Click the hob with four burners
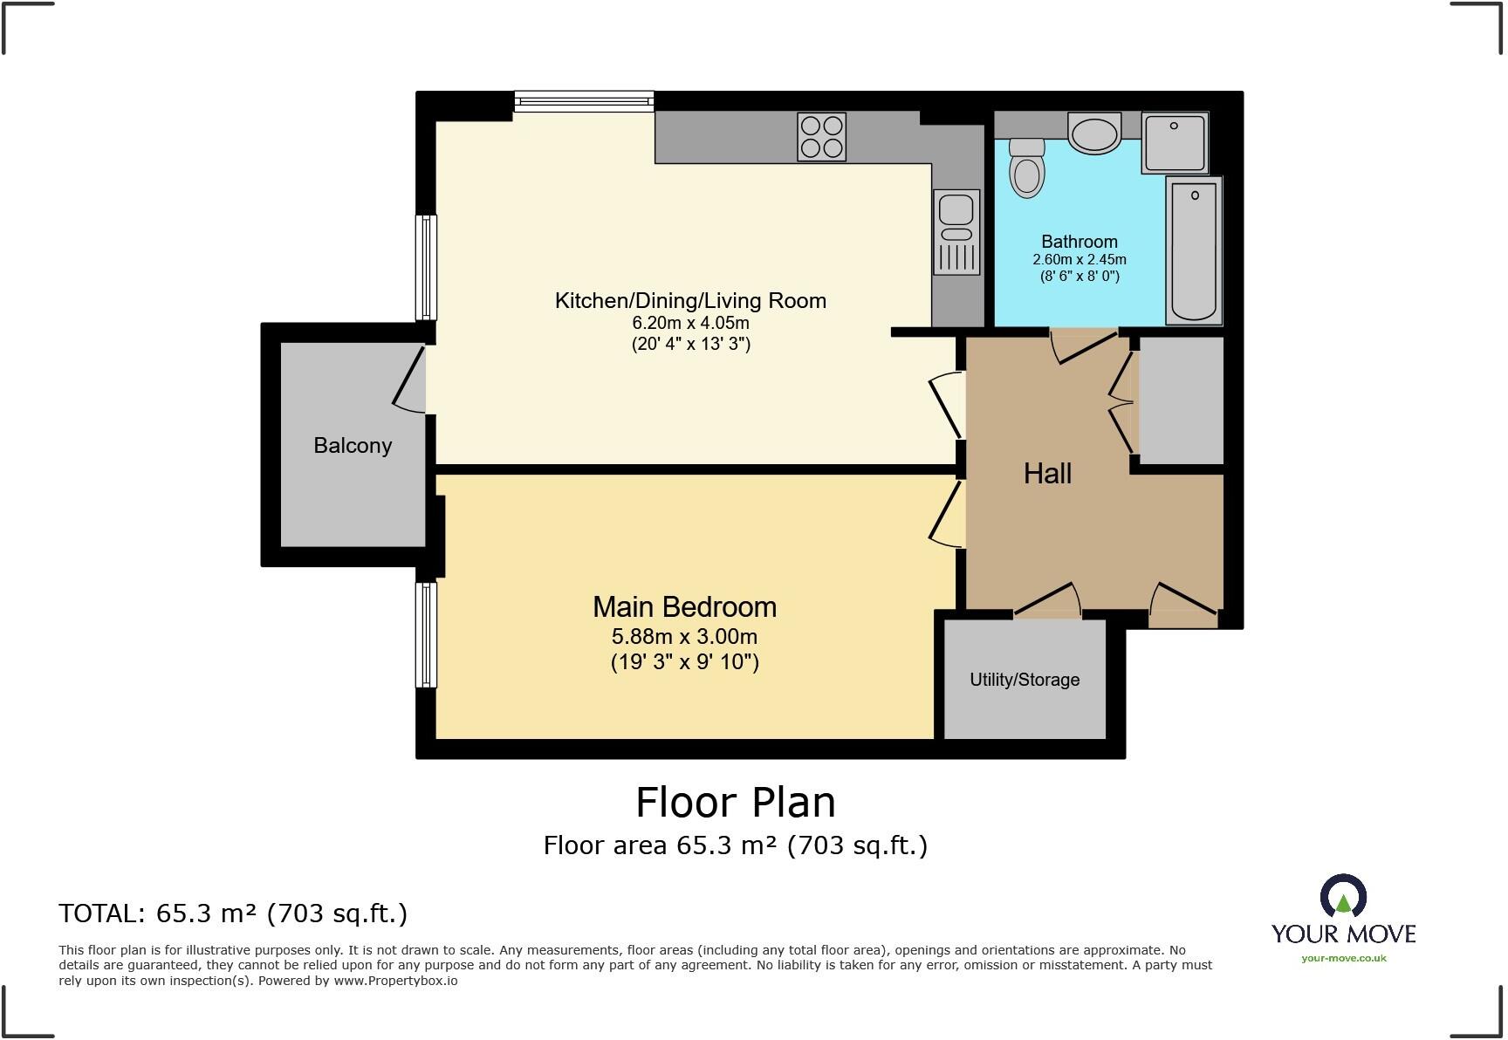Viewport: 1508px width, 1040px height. (x=821, y=137)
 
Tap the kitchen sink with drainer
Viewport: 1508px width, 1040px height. (x=956, y=232)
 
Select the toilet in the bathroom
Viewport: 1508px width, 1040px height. (x=1027, y=168)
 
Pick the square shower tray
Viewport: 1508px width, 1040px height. (x=1175, y=142)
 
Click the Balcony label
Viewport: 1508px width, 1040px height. (x=353, y=446)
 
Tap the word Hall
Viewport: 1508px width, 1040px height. (x=1047, y=474)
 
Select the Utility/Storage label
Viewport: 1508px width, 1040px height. (x=1025, y=680)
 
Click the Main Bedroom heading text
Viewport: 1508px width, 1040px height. (x=684, y=607)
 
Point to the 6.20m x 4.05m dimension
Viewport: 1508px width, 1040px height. (x=690, y=323)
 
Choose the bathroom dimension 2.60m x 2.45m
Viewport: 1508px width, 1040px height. (x=1080, y=260)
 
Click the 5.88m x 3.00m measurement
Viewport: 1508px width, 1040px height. (x=685, y=637)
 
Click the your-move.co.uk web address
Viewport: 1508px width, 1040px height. (x=1343, y=958)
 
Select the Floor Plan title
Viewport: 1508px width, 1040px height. (x=736, y=802)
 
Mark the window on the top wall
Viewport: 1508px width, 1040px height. (x=584, y=102)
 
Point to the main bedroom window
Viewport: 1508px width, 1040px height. (x=426, y=634)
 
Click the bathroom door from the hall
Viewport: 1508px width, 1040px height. (x=1084, y=346)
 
